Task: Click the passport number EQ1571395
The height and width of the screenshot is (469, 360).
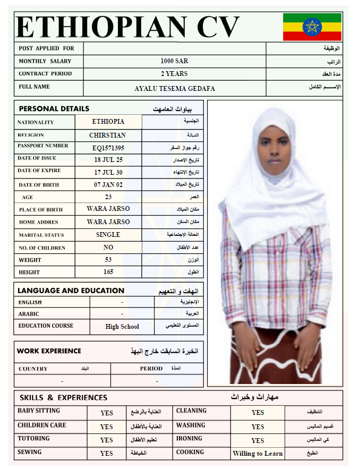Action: click(x=108, y=148)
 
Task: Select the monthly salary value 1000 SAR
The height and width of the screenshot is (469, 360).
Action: click(x=174, y=61)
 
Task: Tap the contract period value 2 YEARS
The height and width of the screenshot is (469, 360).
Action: click(x=174, y=74)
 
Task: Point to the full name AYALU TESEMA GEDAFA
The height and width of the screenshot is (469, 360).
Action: click(x=175, y=89)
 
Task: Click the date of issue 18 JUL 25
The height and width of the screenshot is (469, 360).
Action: click(x=108, y=160)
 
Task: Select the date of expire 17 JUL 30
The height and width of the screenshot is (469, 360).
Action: click(x=108, y=173)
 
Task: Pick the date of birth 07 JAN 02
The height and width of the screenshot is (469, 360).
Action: click(x=108, y=185)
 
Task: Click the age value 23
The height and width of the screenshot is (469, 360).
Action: click(x=108, y=197)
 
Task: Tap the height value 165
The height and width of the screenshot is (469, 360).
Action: click(x=108, y=272)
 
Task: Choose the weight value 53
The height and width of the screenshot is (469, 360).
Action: click(x=108, y=260)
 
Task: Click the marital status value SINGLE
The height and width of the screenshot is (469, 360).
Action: click(x=108, y=234)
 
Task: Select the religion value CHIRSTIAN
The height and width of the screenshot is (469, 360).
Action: click(x=108, y=135)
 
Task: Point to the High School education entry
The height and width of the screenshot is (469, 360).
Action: click(x=122, y=327)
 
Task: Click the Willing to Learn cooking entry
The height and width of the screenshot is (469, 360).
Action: click(x=258, y=454)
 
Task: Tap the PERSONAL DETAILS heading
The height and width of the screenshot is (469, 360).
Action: click(x=54, y=109)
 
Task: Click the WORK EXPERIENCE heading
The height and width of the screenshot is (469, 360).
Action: click(x=49, y=351)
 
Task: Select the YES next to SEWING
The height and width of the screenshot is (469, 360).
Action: click(x=107, y=454)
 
